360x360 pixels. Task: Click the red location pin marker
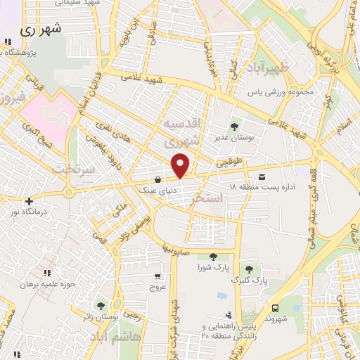pyautogui.click(x=181, y=166)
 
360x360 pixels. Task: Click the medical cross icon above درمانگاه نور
pyautogui.click(x=29, y=201)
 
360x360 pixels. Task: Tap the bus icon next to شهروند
pyautogui.click(x=276, y=308)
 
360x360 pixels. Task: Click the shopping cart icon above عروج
pyautogui.click(x=157, y=276)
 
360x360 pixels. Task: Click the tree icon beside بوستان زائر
pyautogui.click(x=101, y=305)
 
